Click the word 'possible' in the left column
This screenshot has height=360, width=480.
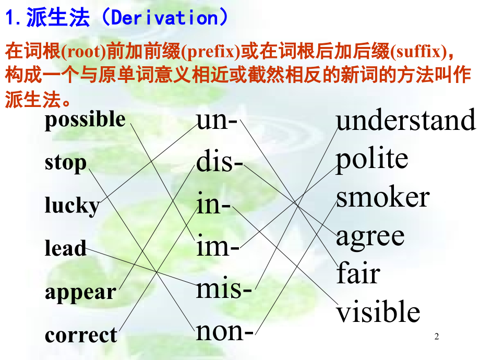(85, 120)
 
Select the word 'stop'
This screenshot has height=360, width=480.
(66, 162)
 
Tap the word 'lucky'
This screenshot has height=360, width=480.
(72, 206)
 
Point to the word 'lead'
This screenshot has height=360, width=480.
(66, 248)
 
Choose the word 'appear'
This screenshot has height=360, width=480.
(80, 292)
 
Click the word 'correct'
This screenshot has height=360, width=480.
(81, 335)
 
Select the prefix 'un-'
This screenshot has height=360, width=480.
(217, 121)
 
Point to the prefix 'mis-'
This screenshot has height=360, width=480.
(224, 288)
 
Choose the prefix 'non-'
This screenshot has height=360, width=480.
(225, 331)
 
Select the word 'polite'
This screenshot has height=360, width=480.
(371, 159)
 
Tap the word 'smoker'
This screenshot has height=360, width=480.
(382, 198)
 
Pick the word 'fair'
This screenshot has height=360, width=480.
(358, 273)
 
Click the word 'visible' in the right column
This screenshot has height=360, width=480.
(378, 312)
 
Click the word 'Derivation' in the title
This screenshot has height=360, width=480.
(163, 18)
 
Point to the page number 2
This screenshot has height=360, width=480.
(437, 337)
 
